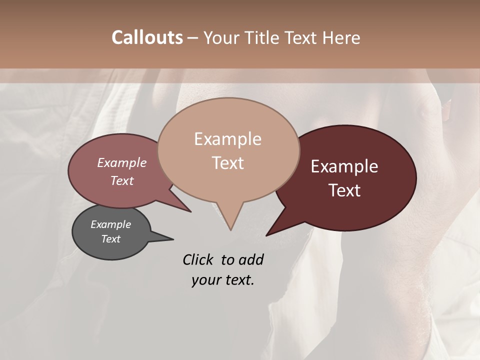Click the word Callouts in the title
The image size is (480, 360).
147,37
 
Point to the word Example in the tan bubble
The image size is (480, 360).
227,139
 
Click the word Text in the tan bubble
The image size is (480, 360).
227,163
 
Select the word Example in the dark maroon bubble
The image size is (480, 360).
344,166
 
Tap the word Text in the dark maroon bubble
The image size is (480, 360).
345,190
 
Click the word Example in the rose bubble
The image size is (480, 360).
122,162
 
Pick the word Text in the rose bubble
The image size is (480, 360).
122,180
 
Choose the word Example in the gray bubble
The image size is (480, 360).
110,224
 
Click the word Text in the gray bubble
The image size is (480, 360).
110,239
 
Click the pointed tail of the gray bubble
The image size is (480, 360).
172,239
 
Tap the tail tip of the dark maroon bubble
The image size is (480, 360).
266,235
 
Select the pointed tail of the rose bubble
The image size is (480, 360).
190,211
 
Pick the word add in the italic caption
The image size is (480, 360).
251,259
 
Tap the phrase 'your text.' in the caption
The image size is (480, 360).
223,280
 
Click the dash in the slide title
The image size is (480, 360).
193,38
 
